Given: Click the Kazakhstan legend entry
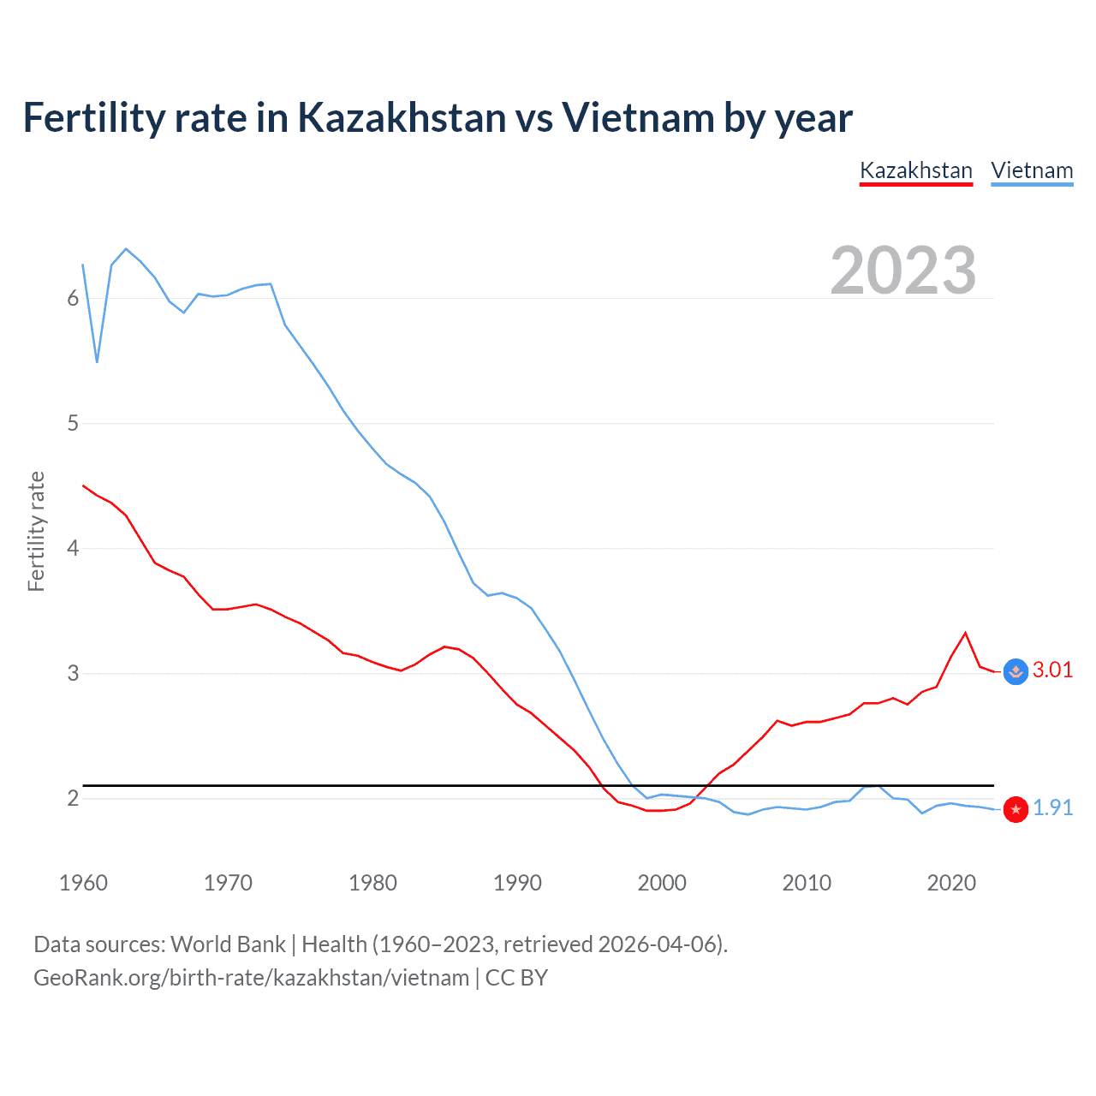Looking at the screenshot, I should (915, 170).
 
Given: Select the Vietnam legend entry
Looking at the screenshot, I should (1032, 170).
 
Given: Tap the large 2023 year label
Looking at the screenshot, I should (902, 271).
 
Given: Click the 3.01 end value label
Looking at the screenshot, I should (1052, 670).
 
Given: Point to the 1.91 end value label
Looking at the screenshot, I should (1052, 807).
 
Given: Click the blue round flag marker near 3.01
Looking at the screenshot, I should (1016, 672).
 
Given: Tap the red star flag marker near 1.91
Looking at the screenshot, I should (1016, 809).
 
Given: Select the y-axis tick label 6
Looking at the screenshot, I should (73, 298).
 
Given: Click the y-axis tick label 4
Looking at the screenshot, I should (73, 548).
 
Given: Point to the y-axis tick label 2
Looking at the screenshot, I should (73, 798).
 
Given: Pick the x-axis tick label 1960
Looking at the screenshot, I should (83, 883).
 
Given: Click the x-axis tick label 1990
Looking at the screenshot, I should (517, 883).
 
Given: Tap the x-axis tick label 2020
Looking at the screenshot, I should (951, 883).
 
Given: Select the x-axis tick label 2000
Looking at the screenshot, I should (662, 883).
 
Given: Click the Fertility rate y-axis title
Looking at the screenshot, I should (36, 531).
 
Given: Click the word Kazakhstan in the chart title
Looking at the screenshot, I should (402, 117).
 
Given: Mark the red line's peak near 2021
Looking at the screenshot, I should (966, 633).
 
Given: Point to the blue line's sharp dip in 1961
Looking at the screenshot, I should (98, 361).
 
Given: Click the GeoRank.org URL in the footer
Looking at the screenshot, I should (251, 978).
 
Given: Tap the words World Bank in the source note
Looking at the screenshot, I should (228, 944).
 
